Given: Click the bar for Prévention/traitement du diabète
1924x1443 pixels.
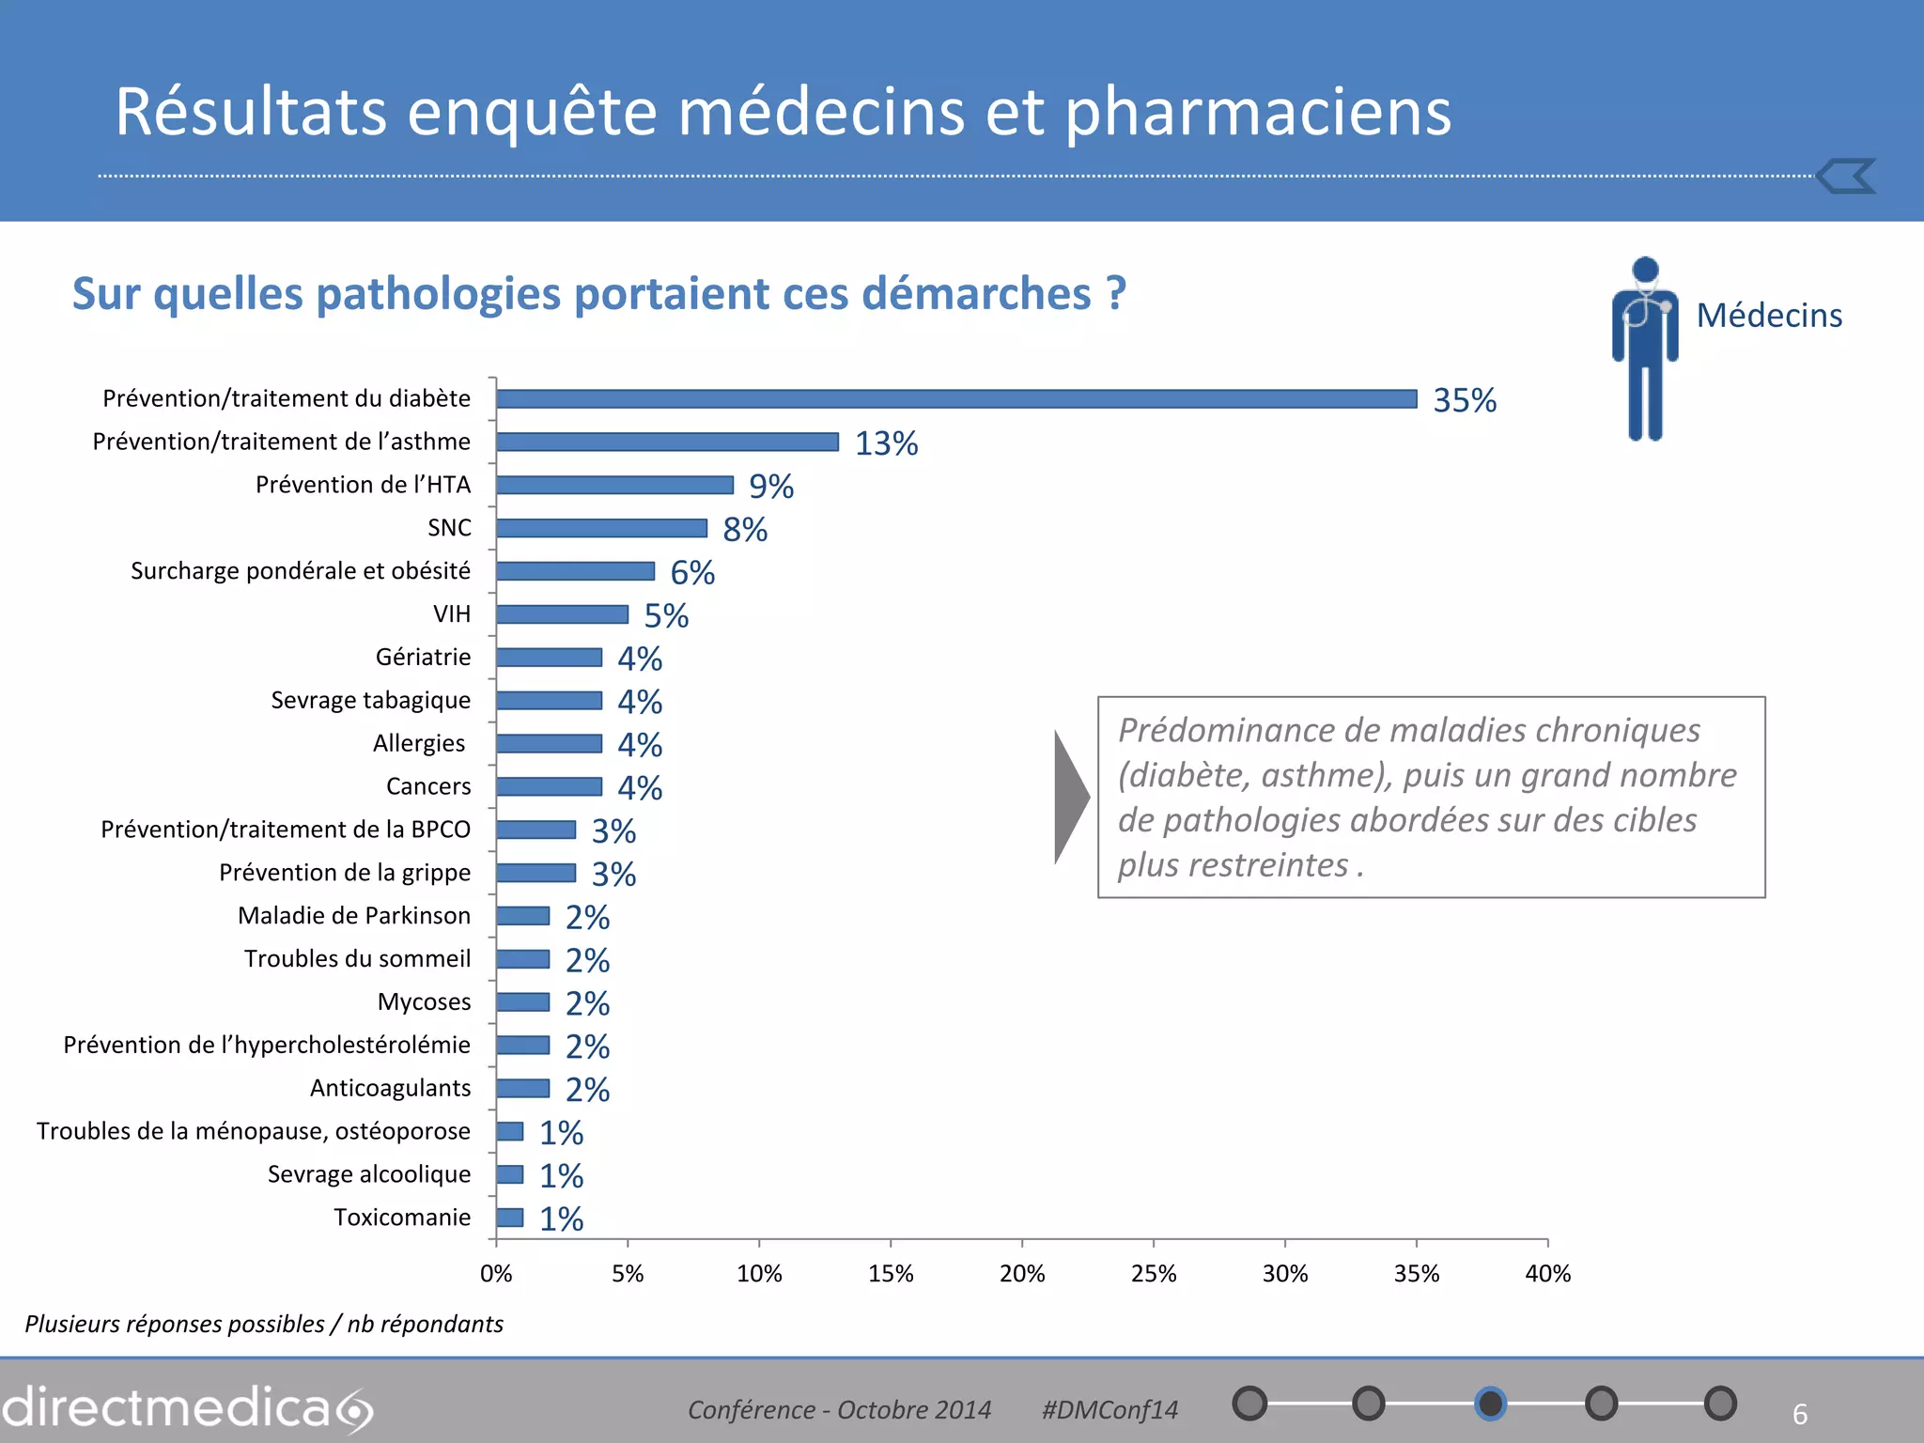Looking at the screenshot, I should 956,399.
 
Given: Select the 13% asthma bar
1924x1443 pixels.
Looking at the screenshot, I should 667,442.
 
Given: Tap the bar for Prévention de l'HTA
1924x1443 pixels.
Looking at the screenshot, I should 614,485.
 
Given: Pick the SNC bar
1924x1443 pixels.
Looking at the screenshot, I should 601,528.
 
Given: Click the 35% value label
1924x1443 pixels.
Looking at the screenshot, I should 1464,401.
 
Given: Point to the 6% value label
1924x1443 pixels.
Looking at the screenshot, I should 692,573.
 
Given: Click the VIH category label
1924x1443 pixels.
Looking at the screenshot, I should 452,614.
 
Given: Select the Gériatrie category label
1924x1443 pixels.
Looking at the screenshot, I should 423,658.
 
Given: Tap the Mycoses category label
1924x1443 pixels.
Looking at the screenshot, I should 424,1002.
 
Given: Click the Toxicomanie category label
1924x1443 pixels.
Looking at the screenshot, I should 402,1218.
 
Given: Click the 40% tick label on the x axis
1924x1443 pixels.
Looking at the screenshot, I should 1547,1274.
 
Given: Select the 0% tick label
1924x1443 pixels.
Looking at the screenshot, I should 496,1274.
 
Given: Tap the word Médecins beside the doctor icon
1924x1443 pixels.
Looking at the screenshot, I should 1769,316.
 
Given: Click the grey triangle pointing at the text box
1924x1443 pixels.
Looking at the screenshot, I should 1069,797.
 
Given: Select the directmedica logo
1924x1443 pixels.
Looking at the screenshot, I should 188,1408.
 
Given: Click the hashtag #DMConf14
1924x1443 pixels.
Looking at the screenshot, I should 1109,1410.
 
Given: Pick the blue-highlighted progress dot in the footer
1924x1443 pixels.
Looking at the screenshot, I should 1490,1404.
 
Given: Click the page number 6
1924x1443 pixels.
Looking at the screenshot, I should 1800,1414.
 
